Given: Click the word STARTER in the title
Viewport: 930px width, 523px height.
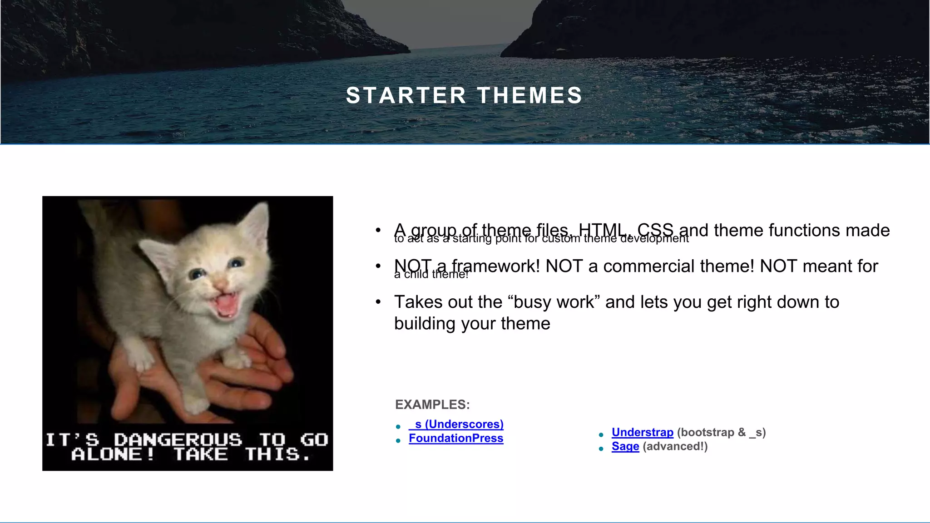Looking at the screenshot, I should pyautogui.click(x=406, y=96).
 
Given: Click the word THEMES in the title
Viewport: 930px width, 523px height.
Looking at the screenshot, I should pyautogui.click(x=529, y=96).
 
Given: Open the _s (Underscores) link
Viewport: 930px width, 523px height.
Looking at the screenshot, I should pyautogui.click(x=456, y=424).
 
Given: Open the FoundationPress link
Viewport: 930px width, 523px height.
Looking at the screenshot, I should pyautogui.click(x=456, y=438).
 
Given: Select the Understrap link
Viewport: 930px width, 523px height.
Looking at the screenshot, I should pyautogui.click(x=642, y=432).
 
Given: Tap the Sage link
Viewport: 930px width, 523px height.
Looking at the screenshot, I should pyautogui.click(x=625, y=446).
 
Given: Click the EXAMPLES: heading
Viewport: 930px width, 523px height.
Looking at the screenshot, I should pyautogui.click(x=432, y=405).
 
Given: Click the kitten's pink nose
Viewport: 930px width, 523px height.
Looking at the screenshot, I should pyautogui.click(x=221, y=285).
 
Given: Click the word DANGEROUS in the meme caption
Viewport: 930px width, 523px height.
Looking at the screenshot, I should pyautogui.click(x=178, y=439).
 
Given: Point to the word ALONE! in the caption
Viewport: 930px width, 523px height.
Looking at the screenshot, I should pyautogui.click(x=113, y=454).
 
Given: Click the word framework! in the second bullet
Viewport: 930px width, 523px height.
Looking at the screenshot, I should pyautogui.click(x=495, y=266).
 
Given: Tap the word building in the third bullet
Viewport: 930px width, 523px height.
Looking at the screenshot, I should pyautogui.click(x=425, y=324).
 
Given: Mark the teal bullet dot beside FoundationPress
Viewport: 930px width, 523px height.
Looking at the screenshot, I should pyautogui.click(x=398, y=440).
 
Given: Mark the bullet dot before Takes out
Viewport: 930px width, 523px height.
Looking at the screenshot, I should pyautogui.click(x=378, y=302).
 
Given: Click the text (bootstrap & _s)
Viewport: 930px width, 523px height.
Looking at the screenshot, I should pyautogui.click(x=721, y=432).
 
